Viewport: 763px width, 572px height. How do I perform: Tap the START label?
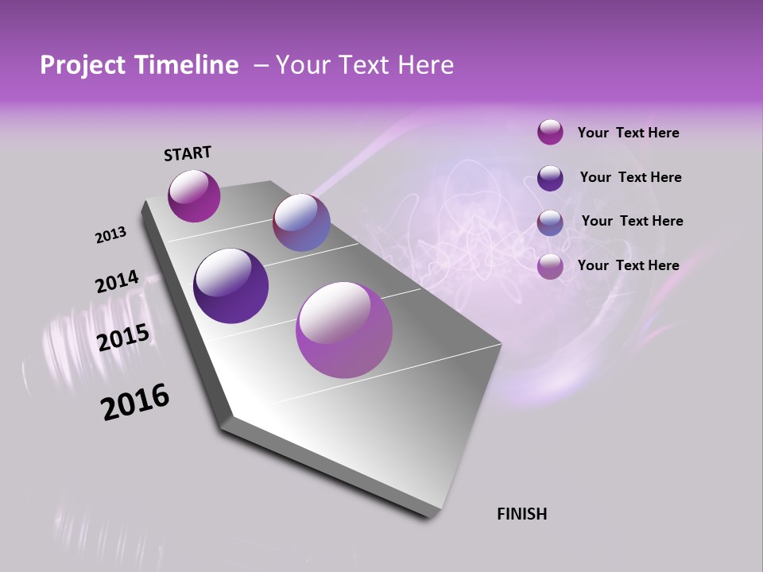pos(188,153)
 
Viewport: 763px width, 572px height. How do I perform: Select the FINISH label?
pos(521,514)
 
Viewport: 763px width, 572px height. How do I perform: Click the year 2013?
pos(110,235)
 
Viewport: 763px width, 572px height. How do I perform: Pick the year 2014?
pos(117,282)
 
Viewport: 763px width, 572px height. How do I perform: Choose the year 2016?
pos(135,402)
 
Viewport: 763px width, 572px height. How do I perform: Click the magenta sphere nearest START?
pos(194,195)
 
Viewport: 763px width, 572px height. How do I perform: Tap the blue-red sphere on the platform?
pos(301,222)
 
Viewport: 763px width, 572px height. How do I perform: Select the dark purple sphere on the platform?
pos(230,286)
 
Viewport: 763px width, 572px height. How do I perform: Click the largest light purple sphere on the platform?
pos(344,330)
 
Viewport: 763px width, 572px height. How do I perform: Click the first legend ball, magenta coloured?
pos(550,132)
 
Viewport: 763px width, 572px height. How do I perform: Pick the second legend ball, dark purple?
pos(550,178)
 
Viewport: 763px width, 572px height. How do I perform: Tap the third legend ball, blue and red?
pos(550,222)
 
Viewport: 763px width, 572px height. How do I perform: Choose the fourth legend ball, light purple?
pos(550,267)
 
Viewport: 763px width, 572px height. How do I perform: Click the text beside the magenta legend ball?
pos(628,133)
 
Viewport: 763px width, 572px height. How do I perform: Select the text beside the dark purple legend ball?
pos(630,177)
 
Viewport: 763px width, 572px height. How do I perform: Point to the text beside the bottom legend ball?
pos(628,265)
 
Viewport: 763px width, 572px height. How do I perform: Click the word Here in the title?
pos(425,65)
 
